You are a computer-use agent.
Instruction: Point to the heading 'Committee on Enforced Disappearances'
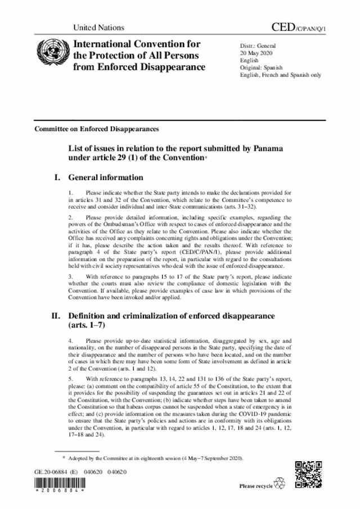96,128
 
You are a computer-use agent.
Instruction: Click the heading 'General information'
106,178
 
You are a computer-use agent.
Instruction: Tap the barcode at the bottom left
54,485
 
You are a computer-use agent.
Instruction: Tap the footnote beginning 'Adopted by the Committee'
155,458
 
